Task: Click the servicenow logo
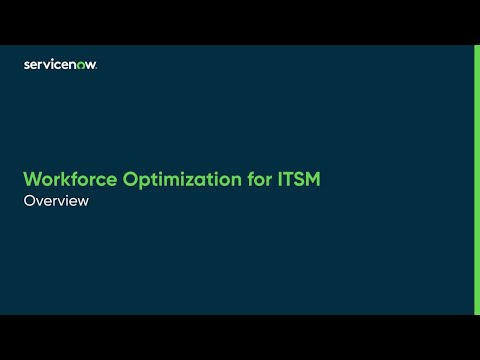pos(60,64)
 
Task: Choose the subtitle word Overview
pos(56,200)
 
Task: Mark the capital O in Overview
pos(28,200)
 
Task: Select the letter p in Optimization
pos(132,183)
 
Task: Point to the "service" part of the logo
pos(47,64)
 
